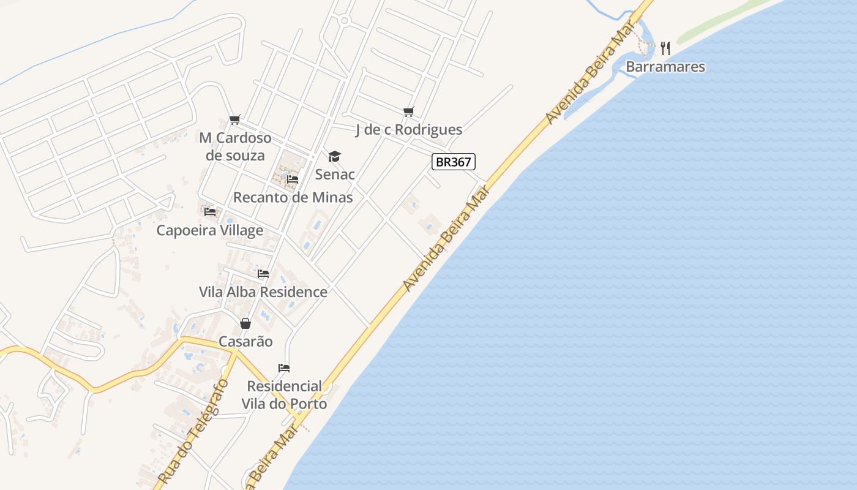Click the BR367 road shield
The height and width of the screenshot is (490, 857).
click(x=454, y=162)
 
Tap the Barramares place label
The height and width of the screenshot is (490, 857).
click(x=665, y=67)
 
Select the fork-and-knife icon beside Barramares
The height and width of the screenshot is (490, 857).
click(x=666, y=48)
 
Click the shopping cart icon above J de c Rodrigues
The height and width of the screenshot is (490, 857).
click(x=409, y=111)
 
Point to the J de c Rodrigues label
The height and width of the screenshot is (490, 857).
click(x=409, y=130)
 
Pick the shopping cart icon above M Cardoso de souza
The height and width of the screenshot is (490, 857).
click(x=235, y=119)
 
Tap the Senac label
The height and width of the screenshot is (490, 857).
click(x=335, y=175)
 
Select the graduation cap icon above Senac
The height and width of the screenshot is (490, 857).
click(x=334, y=157)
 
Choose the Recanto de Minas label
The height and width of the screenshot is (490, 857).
click(x=293, y=197)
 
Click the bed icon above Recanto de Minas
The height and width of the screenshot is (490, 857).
click(x=293, y=179)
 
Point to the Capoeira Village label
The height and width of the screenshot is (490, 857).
click(x=210, y=230)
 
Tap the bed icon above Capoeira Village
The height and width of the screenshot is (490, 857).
click(x=211, y=212)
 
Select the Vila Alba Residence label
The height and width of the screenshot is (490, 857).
click(x=263, y=292)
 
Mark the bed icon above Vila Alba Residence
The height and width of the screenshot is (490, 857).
click(x=263, y=273)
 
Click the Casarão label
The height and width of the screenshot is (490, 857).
click(x=245, y=341)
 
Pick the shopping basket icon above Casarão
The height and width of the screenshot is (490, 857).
click(x=245, y=323)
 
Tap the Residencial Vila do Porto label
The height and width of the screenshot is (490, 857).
click(x=284, y=395)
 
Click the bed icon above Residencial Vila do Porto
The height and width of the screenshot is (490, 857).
click(x=284, y=368)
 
